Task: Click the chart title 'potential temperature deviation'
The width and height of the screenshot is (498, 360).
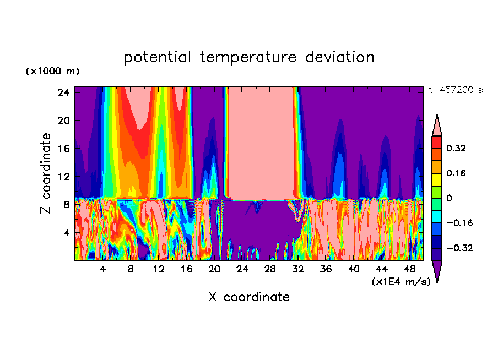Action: point(249,57)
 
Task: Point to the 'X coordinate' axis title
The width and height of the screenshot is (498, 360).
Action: point(249,297)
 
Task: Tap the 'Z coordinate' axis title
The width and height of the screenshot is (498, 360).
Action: point(46,173)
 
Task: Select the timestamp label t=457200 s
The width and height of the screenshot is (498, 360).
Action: point(455,90)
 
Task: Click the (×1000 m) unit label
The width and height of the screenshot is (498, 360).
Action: point(52,72)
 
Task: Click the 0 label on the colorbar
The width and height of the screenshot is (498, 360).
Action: point(449,198)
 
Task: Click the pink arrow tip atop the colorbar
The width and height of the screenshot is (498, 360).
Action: point(437,124)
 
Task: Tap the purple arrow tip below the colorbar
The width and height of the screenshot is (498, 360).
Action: point(437,272)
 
